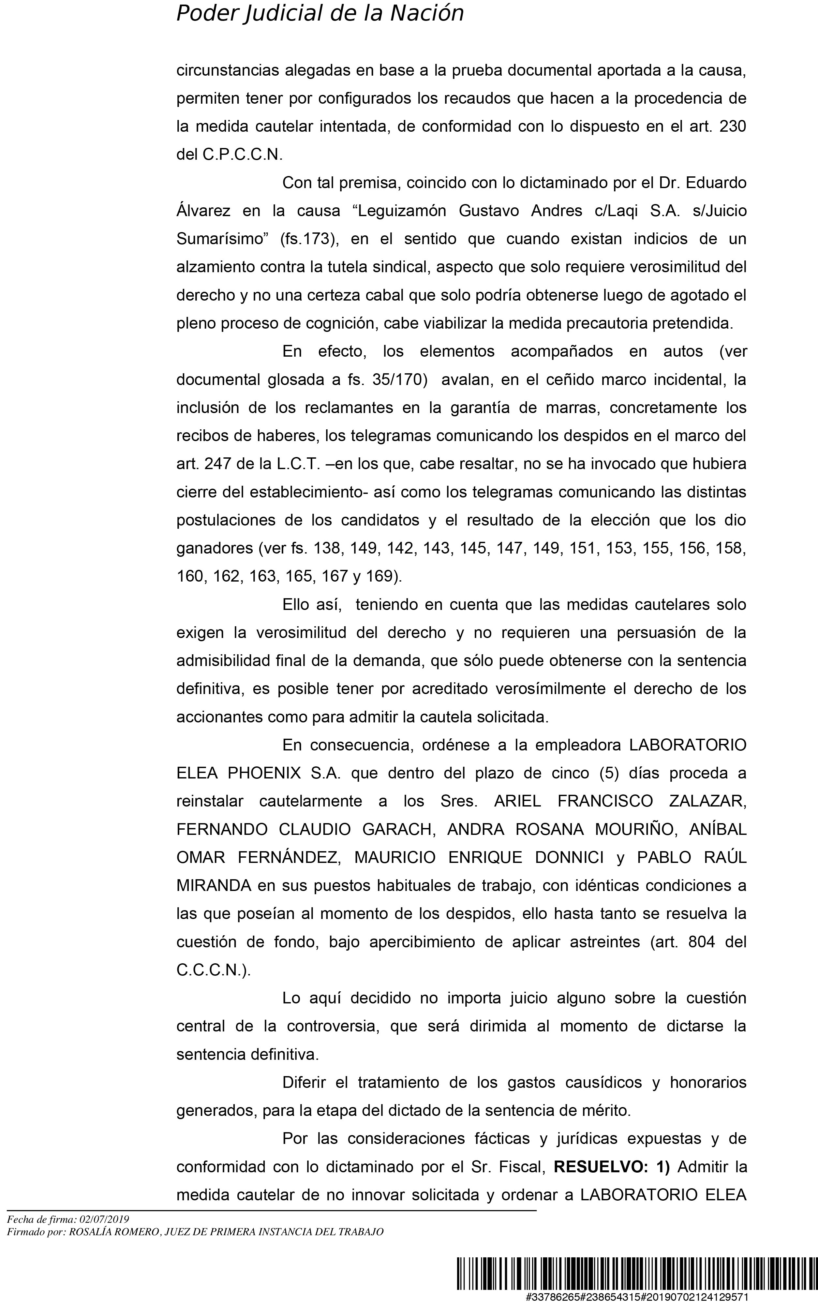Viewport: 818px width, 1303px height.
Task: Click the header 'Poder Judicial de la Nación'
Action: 320,13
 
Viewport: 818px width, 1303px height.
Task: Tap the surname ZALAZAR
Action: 707,801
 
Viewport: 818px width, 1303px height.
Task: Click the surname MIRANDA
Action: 214,885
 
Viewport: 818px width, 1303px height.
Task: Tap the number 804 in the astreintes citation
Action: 702,942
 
